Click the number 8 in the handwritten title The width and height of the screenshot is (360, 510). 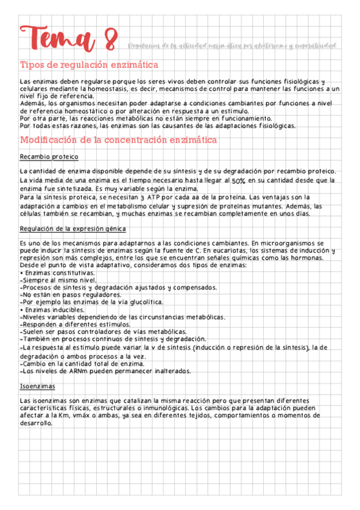coord(110,41)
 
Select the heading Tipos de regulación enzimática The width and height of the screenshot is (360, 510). coord(89,65)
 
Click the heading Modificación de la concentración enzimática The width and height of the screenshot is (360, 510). coord(118,140)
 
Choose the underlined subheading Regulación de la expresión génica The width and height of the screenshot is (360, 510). coord(73,229)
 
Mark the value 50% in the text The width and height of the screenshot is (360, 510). coord(238,180)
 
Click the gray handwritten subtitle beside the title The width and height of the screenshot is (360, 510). coord(231,47)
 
